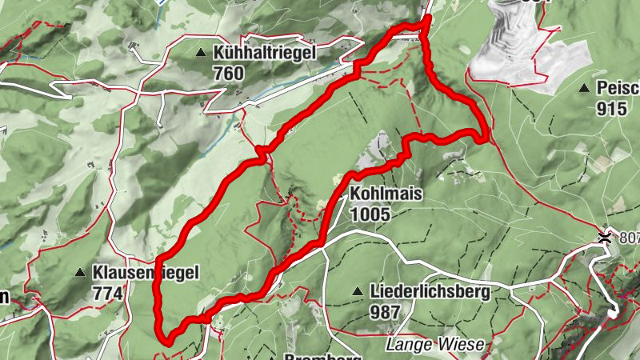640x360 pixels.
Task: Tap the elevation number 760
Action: [x=228, y=73]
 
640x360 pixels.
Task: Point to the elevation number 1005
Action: [x=370, y=214]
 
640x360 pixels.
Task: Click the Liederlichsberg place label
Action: [x=430, y=292]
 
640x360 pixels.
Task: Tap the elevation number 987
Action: [x=386, y=311]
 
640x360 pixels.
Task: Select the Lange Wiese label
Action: [x=434, y=345]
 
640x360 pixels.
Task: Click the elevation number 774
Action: [x=108, y=294]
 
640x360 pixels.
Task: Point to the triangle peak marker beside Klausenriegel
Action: [x=80, y=274]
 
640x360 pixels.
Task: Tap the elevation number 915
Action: [x=611, y=109]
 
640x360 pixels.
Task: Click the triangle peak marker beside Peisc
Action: [x=585, y=89]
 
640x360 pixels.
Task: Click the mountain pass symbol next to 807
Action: [x=606, y=236]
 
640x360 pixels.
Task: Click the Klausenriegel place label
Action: [x=145, y=273]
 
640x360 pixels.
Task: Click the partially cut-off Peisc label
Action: [x=618, y=89]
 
